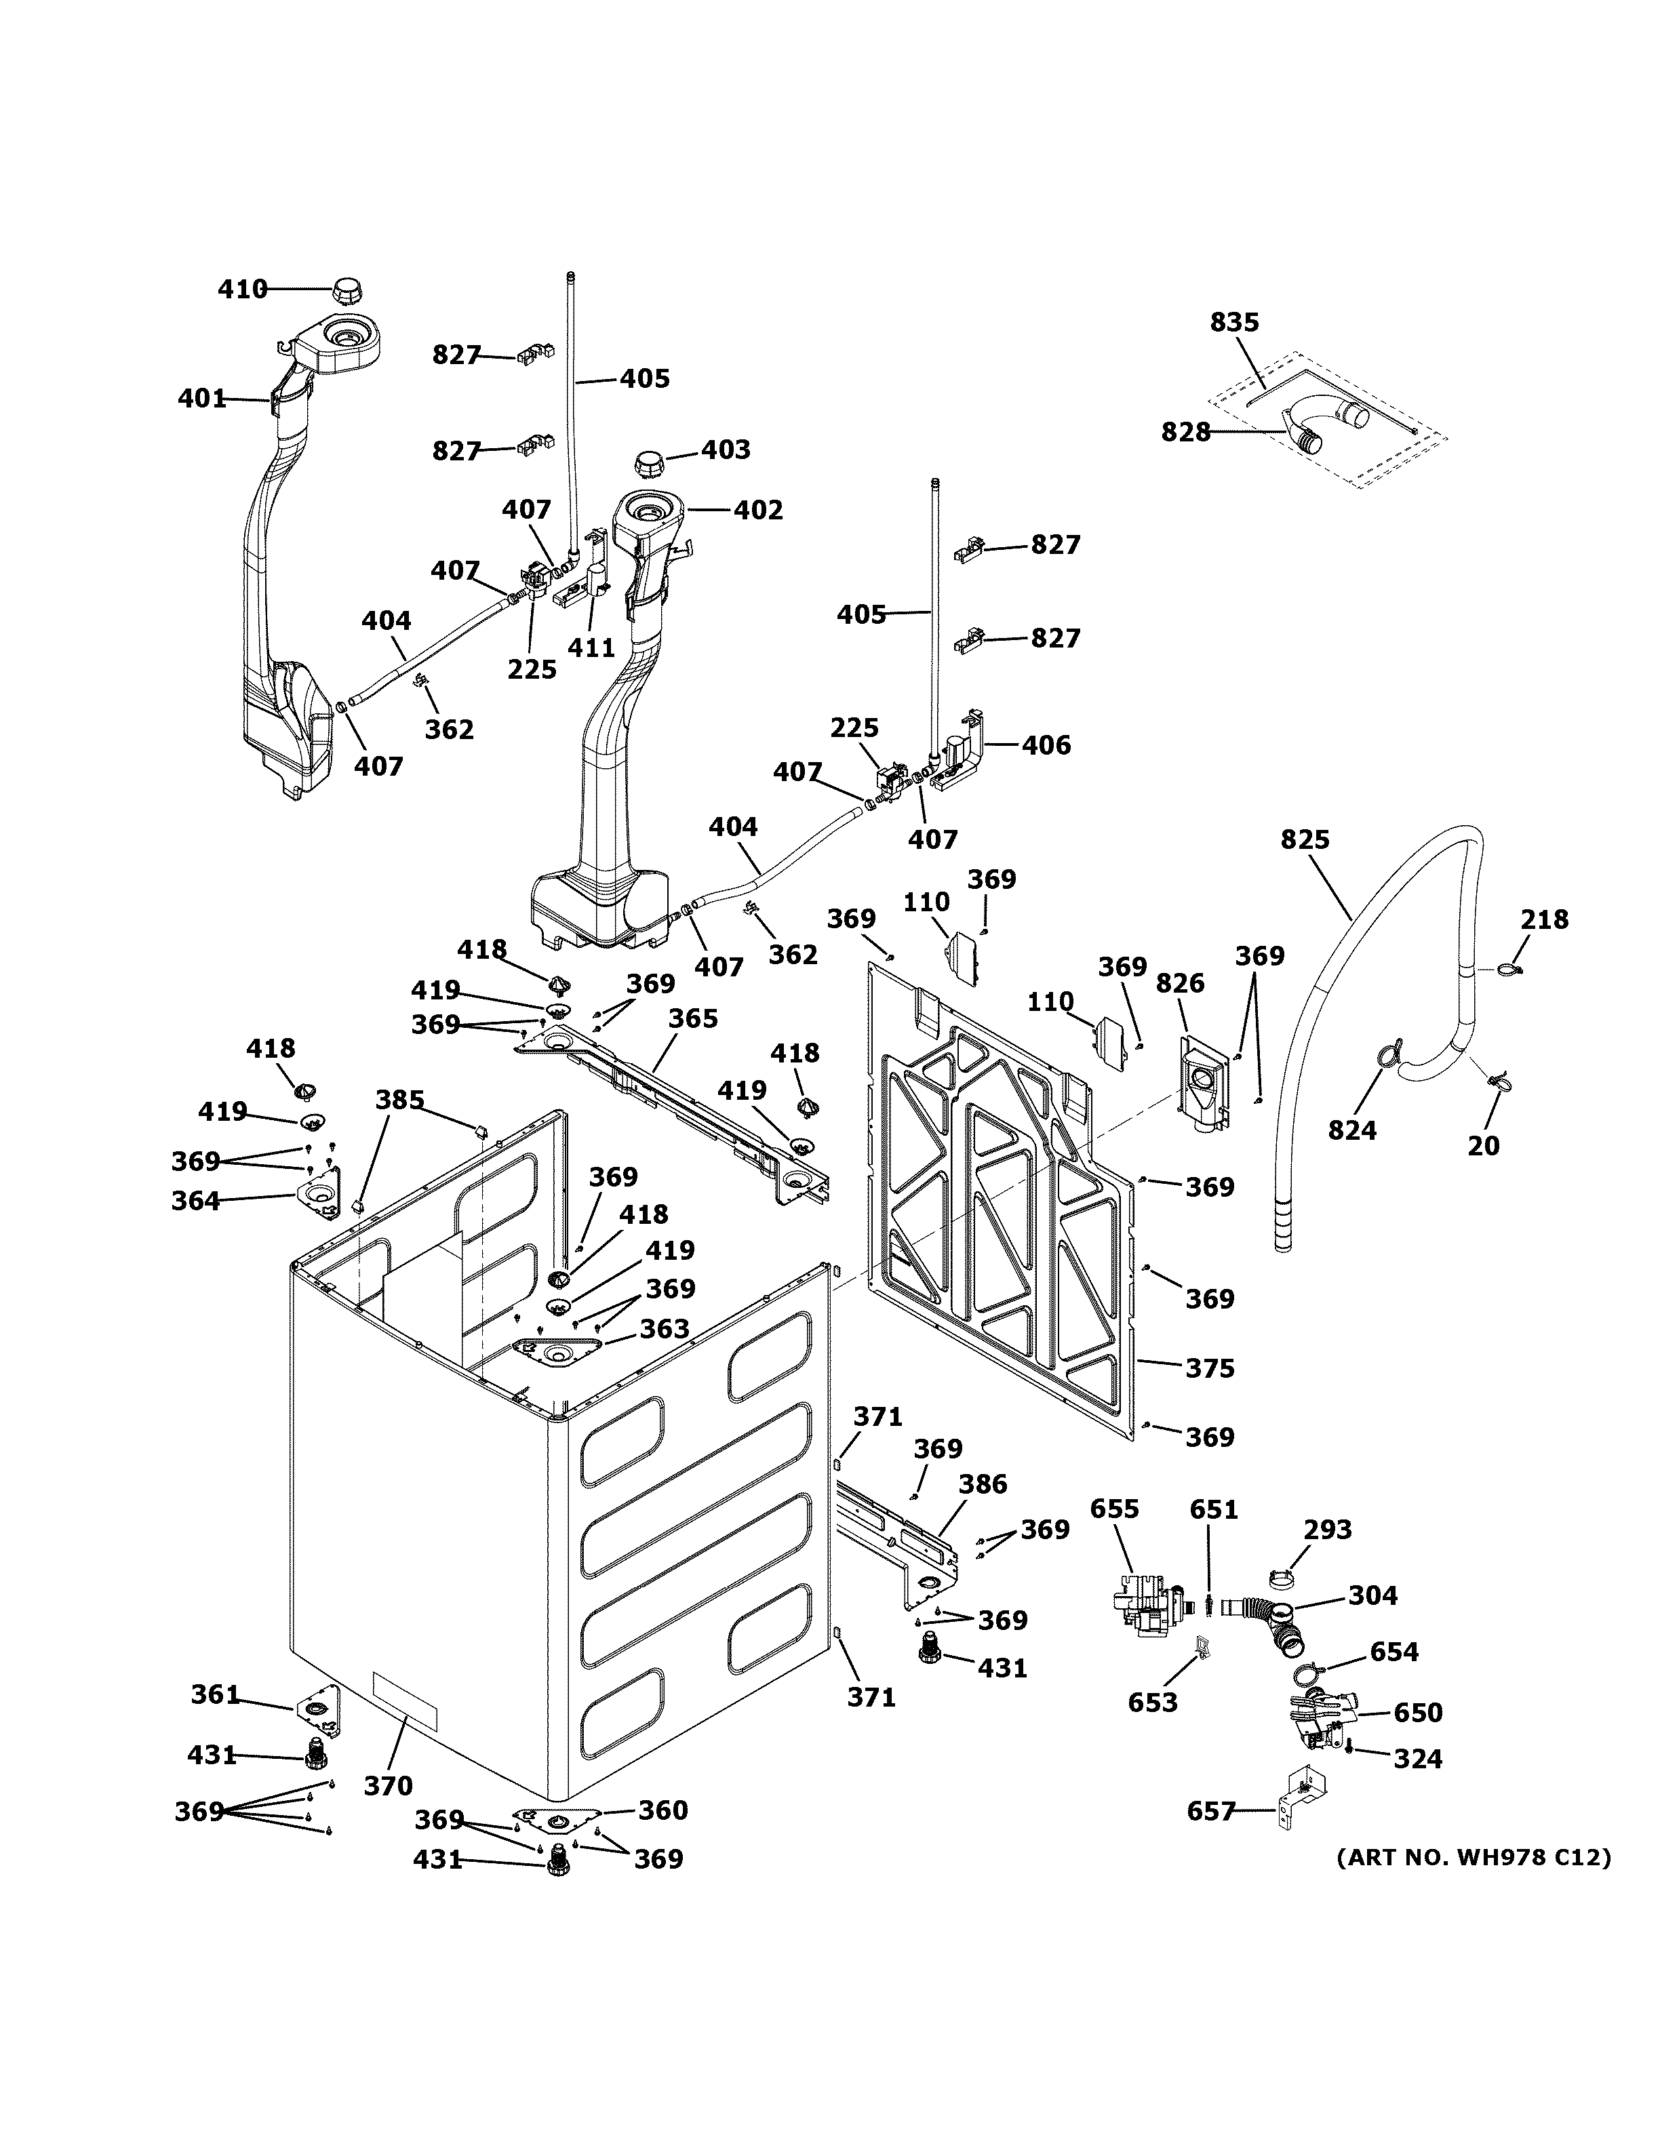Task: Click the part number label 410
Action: [x=242, y=289]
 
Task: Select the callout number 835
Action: [x=1234, y=321]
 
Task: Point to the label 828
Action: [x=1186, y=432]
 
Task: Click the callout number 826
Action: [x=1180, y=982]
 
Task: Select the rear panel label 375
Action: [x=1210, y=1368]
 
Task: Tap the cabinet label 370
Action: [x=389, y=1785]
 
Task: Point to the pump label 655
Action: [x=1114, y=1509]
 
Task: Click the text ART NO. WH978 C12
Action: [x=1473, y=1858]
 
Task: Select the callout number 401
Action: [x=201, y=398]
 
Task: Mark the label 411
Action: [x=591, y=647]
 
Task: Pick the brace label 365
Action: [x=693, y=1018]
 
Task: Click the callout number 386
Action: [x=983, y=1484]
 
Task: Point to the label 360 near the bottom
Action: [x=663, y=1810]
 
